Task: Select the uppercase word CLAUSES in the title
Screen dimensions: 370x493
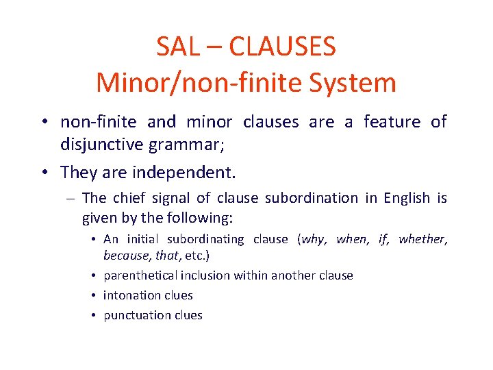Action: pos(282,47)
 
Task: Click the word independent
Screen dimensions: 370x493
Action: pos(186,171)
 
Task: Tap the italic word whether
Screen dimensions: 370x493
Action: pos(422,239)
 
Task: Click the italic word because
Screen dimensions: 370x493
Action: pos(127,256)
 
